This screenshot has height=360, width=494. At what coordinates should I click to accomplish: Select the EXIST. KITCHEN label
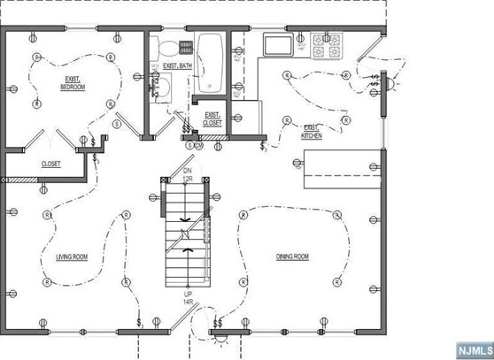(312, 132)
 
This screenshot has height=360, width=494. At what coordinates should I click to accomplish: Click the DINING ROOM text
(291, 257)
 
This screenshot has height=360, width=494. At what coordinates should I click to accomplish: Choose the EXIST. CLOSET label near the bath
(212, 119)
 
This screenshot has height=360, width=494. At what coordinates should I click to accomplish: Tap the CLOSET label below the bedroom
(51, 164)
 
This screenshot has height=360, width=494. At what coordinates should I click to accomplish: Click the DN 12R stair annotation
(188, 174)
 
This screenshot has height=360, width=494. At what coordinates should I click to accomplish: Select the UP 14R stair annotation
(188, 298)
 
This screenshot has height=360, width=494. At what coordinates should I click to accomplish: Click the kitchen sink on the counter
(278, 46)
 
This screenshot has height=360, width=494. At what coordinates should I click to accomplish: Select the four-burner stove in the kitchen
(325, 46)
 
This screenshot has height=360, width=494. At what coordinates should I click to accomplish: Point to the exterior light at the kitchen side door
(390, 83)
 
